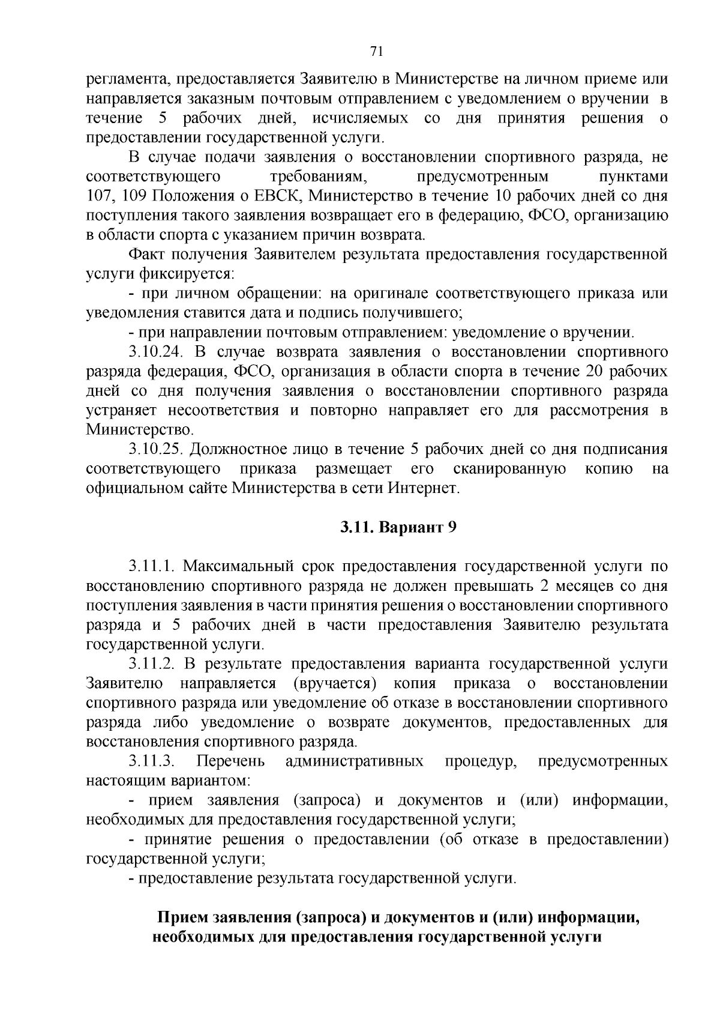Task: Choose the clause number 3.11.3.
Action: pyautogui.click(x=151, y=761)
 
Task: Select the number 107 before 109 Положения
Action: pyautogui.click(x=100, y=196)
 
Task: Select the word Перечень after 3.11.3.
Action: pyautogui.click(x=230, y=761)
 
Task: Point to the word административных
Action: pyautogui.click(x=354, y=761)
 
